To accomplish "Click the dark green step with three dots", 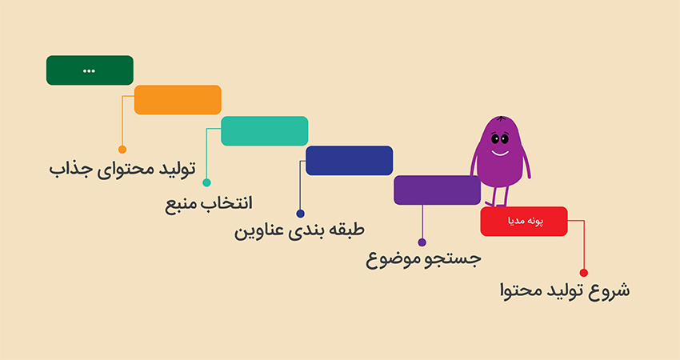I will pos(90,70).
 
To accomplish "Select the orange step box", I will pos(178,100).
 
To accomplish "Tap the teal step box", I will pos(264,131).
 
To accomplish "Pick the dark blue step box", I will pos(349,161).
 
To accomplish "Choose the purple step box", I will pos(437,190).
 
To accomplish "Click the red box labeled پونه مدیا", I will pos(524,222).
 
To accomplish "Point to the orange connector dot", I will pos(122,149).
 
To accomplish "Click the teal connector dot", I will pos(206,182).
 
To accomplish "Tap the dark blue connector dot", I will pos(300,214).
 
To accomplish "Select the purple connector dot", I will pos(422,242).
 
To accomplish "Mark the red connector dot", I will pos(583,273).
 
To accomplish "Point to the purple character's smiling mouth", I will pos(500,151).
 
